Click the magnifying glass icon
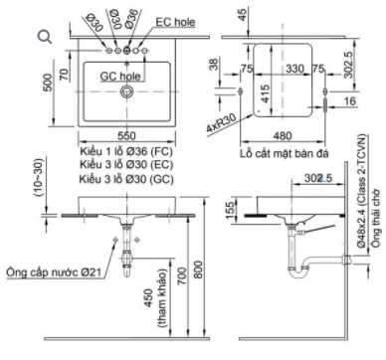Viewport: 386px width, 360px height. pyautogui.click(x=45, y=37)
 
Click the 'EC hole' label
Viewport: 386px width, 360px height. pyautogui.click(x=175, y=22)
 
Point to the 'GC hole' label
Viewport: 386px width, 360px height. pyautogui.click(x=120, y=77)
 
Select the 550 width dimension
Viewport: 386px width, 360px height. pyautogui.click(x=126, y=135)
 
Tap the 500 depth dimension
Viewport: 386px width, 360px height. pyautogui.click(x=48, y=83)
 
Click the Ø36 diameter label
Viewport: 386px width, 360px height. pyautogui.click(x=131, y=19)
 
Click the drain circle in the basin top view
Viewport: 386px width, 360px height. pyautogui.click(x=126, y=91)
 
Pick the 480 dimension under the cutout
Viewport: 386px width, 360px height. pyautogui.click(x=283, y=135)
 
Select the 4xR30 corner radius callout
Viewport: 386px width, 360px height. pyautogui.click(x=221, y=122)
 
